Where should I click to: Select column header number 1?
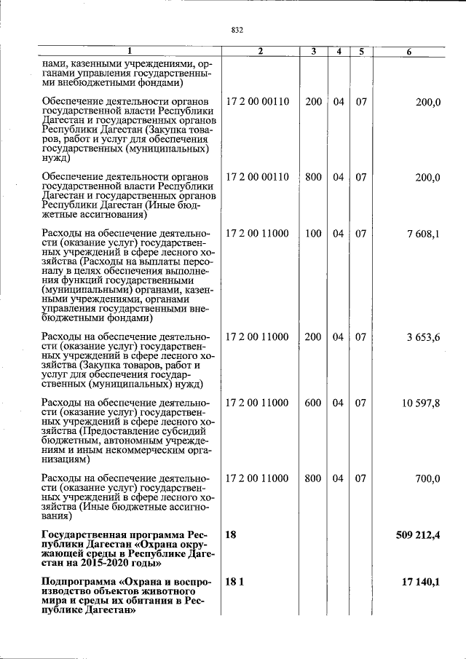click(130, 52)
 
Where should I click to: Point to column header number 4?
click(339, 52)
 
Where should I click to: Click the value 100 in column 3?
click(313, 234)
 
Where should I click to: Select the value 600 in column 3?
click(313, 403)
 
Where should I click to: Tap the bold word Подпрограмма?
click(76, 582)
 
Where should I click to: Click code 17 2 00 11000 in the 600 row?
click(257, 403)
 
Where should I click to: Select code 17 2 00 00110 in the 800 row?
click(257, 177)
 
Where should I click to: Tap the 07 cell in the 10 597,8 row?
click(360, 403)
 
